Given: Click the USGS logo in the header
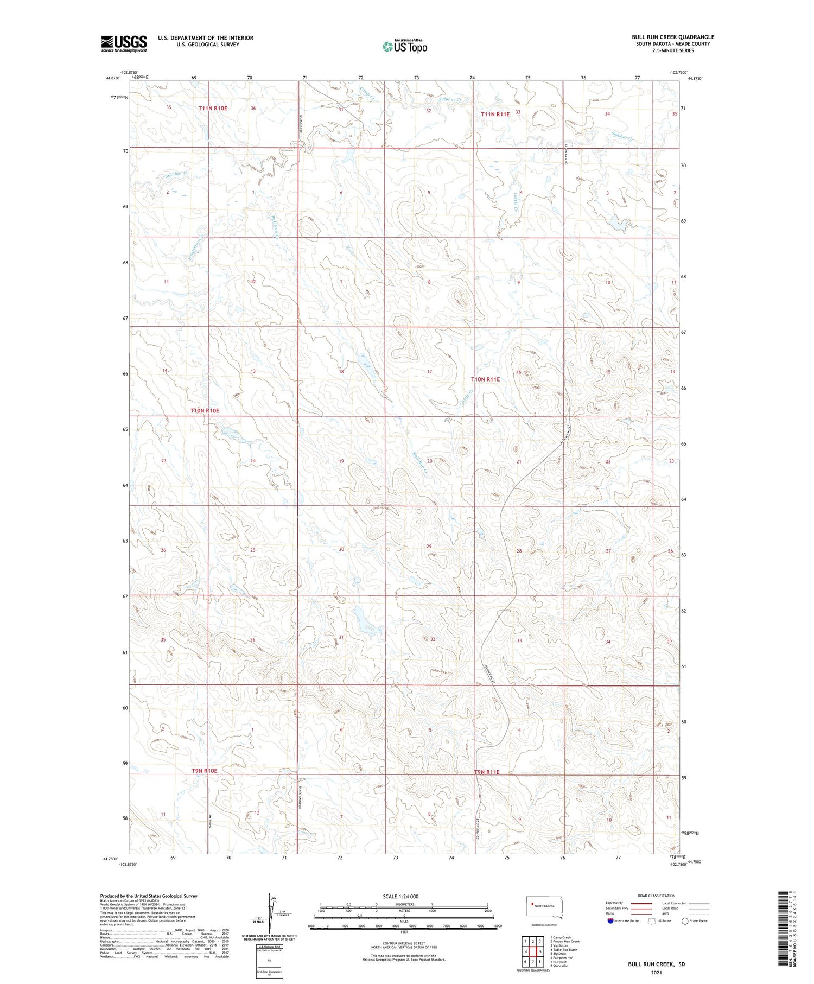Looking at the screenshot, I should pos(124,43).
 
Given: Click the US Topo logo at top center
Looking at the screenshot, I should pos(404,47).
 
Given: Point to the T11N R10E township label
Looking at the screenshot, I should pos(213,109).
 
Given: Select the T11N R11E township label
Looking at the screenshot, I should pos(495,114).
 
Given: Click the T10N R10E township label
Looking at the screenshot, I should pos(205,411).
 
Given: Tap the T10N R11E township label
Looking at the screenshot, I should pos(485,379).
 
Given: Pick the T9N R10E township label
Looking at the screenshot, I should pos(204,771).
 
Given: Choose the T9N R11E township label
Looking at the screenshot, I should pos(486,772).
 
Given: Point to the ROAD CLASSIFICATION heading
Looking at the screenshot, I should pos(656,896).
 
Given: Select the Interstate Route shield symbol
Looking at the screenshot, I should pos(610,921).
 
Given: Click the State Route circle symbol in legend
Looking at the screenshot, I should pos(685,921).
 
